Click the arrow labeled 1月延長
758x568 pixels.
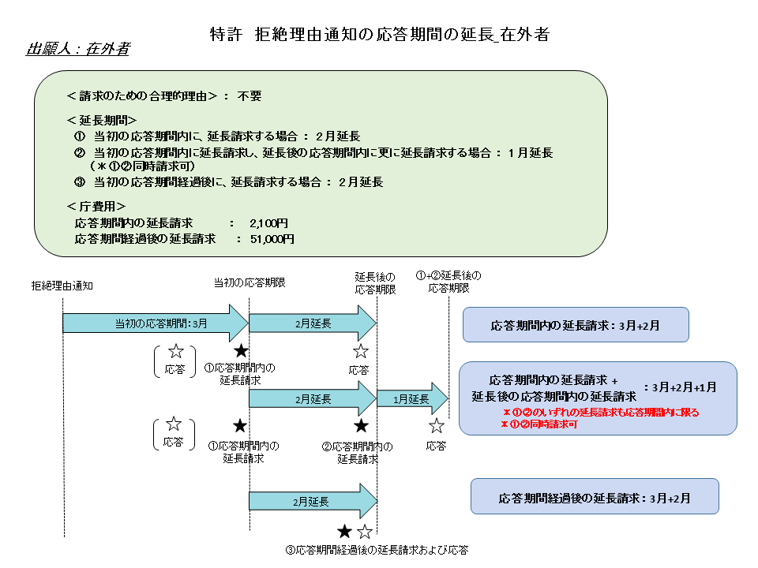411,400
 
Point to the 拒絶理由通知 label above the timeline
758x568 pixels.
62,285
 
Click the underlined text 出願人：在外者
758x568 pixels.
78,49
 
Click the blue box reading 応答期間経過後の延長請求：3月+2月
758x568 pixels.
595,498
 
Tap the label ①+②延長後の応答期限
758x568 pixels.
448,282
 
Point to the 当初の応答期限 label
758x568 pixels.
250,282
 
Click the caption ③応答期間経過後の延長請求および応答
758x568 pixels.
381,550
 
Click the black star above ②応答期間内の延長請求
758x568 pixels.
361,426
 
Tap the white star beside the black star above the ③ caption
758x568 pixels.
364,532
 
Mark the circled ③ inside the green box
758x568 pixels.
79,182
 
